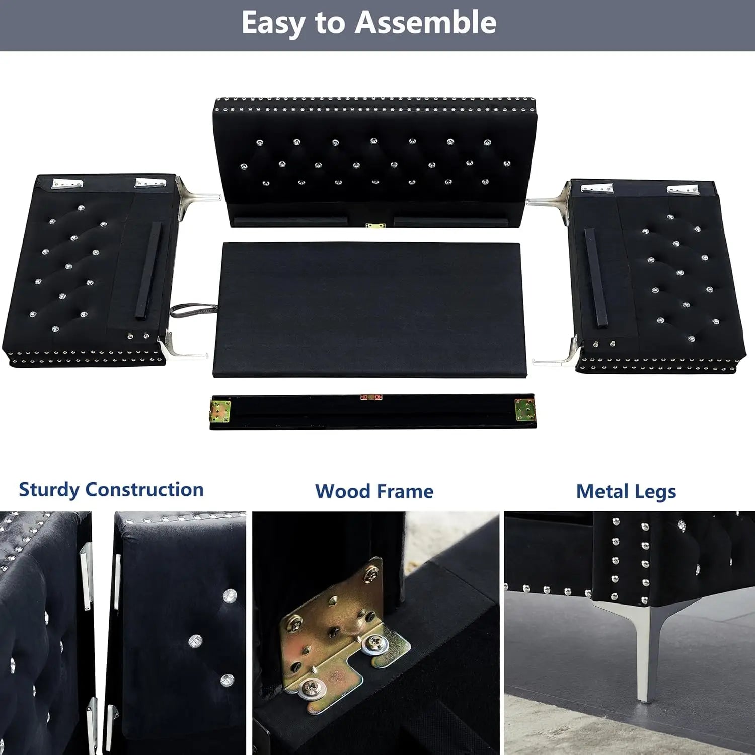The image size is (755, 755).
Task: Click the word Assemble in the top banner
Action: (x=425, y=23)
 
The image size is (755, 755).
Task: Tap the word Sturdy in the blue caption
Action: (x=49, y=490)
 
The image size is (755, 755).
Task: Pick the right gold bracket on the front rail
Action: (x=524, y=409)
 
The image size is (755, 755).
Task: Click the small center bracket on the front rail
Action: (x=371, y=397)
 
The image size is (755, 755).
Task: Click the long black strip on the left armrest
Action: (x=149, y=270)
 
